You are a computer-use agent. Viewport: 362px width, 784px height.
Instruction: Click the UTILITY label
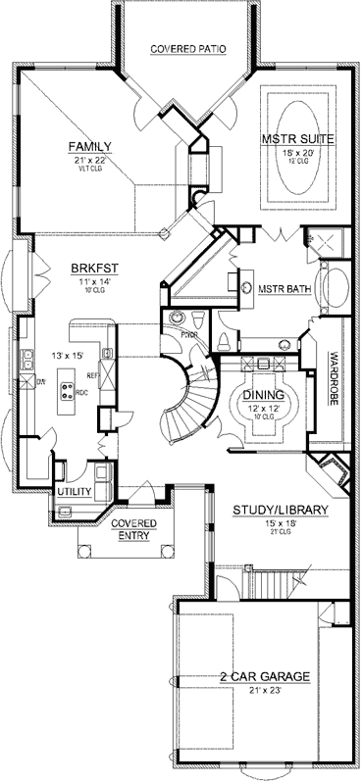(74, 491)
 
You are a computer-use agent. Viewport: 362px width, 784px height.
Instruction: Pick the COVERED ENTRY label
(136, 529)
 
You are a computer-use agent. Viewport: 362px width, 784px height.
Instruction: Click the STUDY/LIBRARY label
(281, 511)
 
